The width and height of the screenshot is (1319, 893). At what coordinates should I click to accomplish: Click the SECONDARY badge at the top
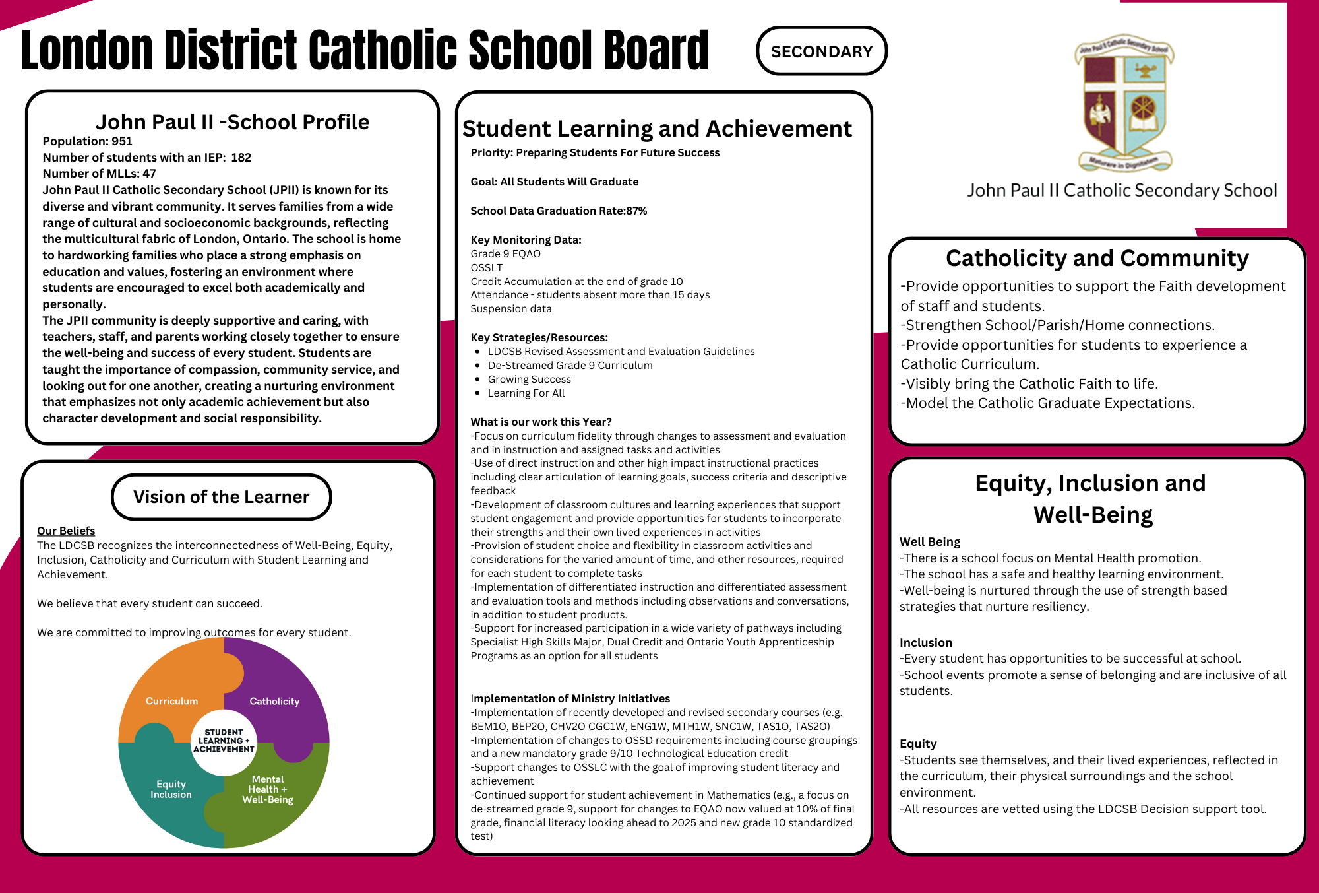[x=821, y=51]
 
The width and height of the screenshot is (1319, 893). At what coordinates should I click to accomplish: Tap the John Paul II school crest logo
[x=1124, y=102]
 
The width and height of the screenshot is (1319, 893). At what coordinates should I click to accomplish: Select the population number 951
[x=122, y=141]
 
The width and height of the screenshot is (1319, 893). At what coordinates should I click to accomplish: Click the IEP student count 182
[x=241, y=158]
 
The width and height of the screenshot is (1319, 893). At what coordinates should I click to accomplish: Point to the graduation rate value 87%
[x=636, y=211]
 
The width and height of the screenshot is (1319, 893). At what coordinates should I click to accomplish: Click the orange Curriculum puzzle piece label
[x=171, y=701]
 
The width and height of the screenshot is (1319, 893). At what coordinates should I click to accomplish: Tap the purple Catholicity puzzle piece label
[x=274, y=701]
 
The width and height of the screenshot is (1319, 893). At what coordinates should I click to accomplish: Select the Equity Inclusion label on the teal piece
[x=171, y=789]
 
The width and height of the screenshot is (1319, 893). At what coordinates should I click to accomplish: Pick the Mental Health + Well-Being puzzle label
[x=267, y=789]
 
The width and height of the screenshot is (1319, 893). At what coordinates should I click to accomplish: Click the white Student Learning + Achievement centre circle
[x=224, y=741]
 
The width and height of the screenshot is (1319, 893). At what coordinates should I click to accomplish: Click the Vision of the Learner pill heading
[x=221, y=497]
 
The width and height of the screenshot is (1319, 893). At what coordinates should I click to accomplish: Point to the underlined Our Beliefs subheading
[x=66, y=531]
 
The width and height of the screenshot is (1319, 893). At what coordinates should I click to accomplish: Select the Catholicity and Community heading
[x=1097, y=258]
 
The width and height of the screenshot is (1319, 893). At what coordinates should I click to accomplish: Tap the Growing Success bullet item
[x=529, y=380]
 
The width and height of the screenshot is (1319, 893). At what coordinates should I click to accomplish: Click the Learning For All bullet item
[x=526, y=393]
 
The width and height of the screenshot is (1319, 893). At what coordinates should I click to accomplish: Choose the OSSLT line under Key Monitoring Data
[x=486, y=268]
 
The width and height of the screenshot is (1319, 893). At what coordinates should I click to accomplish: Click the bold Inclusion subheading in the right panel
[x=925, y=643]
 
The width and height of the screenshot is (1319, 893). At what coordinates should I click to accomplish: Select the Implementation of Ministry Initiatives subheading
[x=570, y=698]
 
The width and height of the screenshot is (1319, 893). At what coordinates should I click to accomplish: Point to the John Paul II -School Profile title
[x=232, y=122]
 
